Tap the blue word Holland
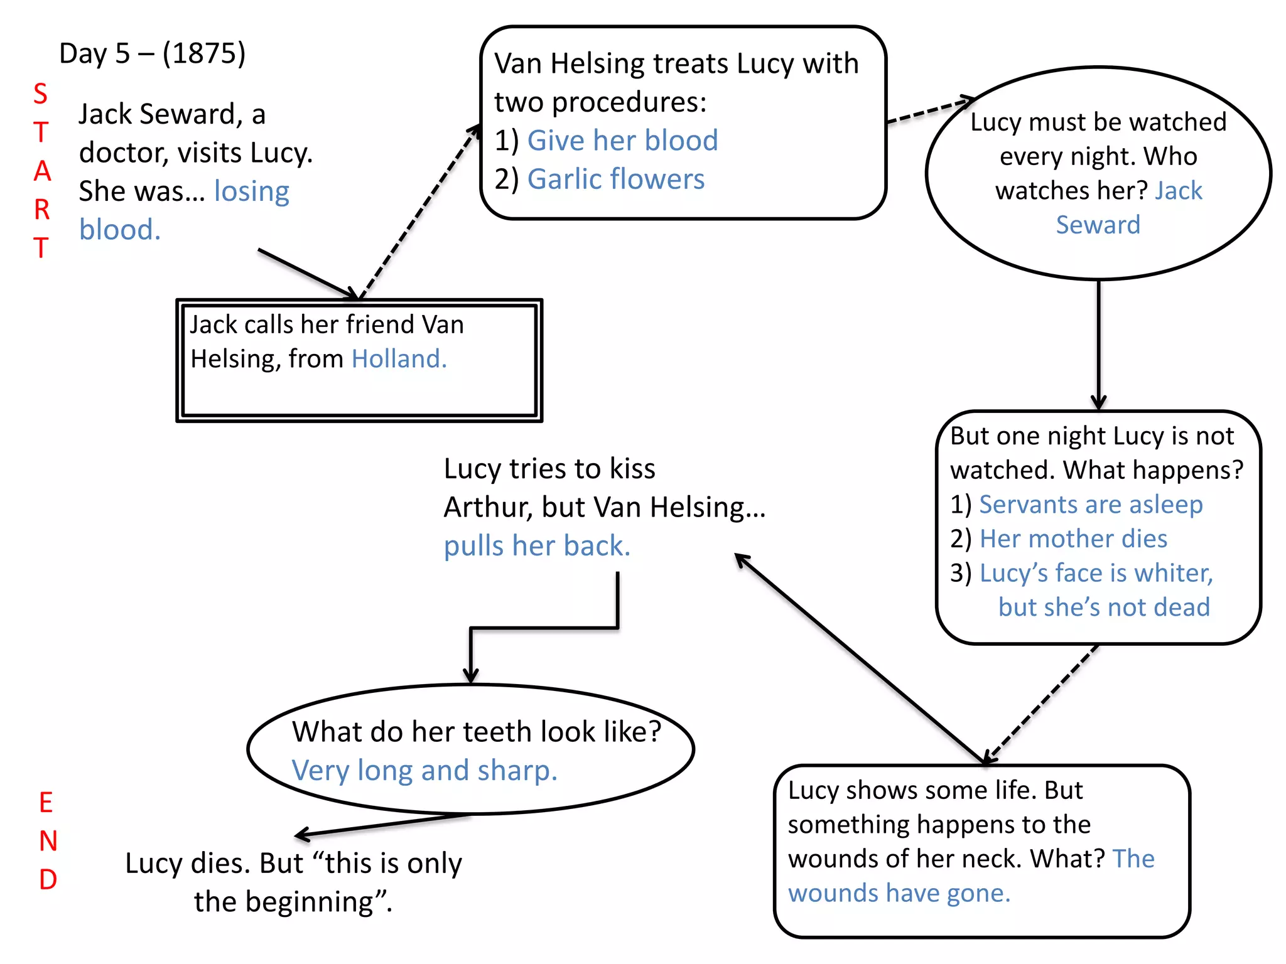point(399,359)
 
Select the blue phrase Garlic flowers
point(615,179)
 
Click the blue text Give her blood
point(622,141)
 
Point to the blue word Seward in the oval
point(1098,225)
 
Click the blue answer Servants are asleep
point(1091,505)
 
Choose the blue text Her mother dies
point(1073,539)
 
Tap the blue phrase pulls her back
point(536,546)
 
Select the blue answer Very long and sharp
point(424,771)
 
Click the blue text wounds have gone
point(899,893)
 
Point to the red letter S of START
point(40,94)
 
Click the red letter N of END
point(48,842)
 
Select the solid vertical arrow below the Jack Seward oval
point(1098,345)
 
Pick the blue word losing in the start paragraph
point(251,191)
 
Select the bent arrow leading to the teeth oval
point(544,628)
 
